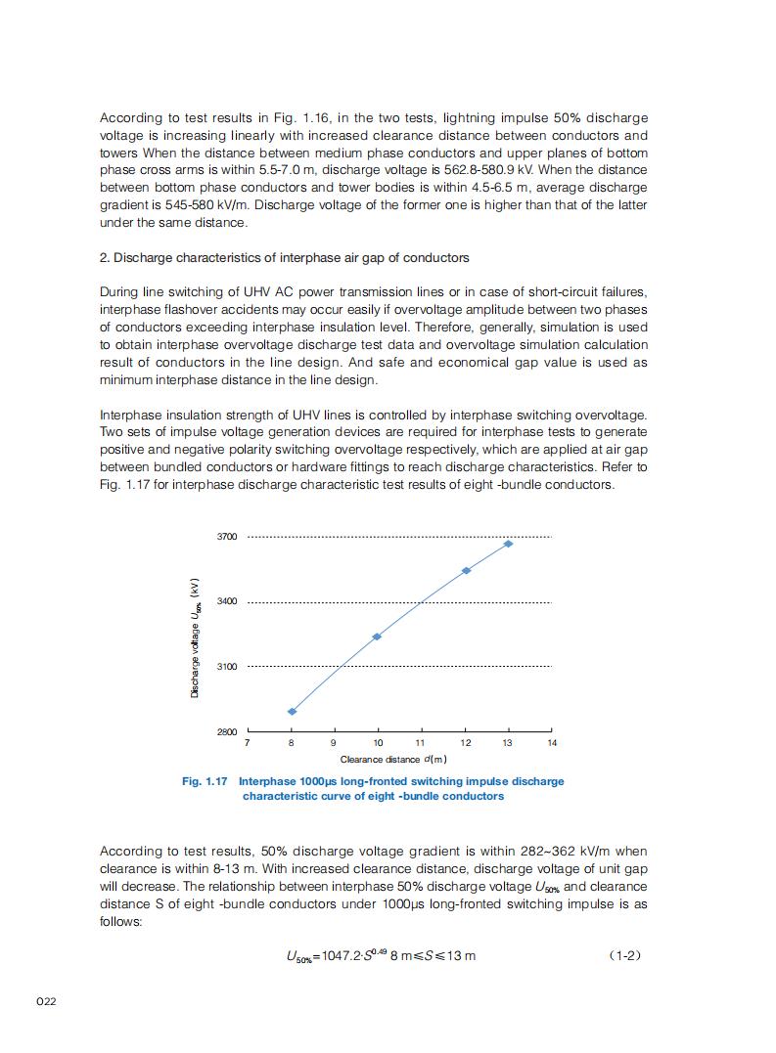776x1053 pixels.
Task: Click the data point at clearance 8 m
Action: click(x=292, y=712)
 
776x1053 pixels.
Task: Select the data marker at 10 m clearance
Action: click(x=377, y=636)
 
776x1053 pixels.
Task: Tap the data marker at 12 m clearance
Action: click(x=466, y=570)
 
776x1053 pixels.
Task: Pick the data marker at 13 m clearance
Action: click(x=508, y=544)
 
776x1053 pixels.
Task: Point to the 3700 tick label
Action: click(x=226, y=537)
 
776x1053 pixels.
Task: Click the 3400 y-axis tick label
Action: click(x=226, y=601)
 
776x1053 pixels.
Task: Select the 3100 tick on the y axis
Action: click(x=226, y=667)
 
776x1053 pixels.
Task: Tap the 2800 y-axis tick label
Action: click(x=226, y=731)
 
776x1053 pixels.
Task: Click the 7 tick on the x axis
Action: click(x=247, y=744)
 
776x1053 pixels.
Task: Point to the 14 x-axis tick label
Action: click(x=552, y=744)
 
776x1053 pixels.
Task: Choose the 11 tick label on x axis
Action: click(x=421, y=744)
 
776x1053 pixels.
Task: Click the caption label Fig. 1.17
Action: click(x=205, y=781)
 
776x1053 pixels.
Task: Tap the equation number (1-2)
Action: click(x=624, y=954)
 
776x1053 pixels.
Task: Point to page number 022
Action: click(x=46, y=1005)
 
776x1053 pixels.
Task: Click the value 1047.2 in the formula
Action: click(x=336, y=955)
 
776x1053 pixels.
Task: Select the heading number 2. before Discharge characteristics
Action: click(x=105, y=258)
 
